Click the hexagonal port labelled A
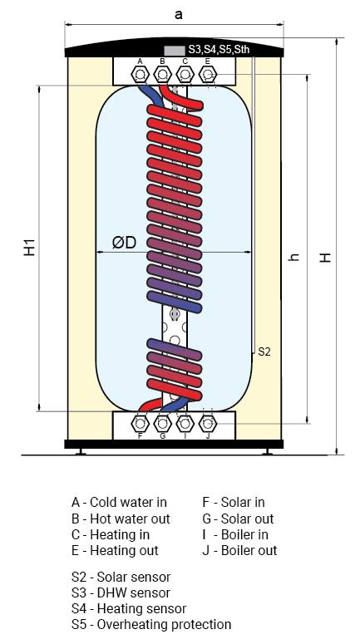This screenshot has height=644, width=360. tap(140, 75)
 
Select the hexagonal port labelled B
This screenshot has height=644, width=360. tap(162, 75)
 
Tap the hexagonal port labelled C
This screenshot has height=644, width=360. tap(185, 75)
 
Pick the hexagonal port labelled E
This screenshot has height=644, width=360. tap(208, 75)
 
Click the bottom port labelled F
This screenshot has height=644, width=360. tap(140, 423)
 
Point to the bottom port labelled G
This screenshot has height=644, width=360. tap(162, 423)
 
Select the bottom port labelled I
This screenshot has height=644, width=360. tap(185, 423)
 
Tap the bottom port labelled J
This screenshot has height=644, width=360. tap(208, 423)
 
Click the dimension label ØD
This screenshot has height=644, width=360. tap(124, 243)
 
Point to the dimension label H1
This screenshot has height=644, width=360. tap(29, 248)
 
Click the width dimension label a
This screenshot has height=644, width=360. tap(179, 15)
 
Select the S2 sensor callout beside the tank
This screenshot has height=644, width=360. tap(264, 351)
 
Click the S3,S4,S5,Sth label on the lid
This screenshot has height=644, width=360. tap(219, 50)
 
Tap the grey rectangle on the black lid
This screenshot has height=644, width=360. tap(175, 51)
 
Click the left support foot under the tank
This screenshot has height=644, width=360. tap(81, 452)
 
